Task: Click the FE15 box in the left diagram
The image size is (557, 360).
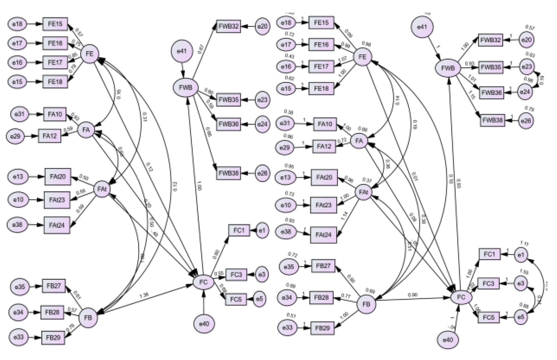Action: [55, 24]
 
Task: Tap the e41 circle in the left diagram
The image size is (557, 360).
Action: [182, 51]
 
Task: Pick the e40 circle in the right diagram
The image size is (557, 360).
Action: [448, 340]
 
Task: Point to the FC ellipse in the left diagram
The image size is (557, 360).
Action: [203, 282]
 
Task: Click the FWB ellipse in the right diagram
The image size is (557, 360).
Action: [448, 68]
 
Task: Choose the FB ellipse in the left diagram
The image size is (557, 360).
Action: [88, 318]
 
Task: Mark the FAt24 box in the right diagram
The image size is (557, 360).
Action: [323, 235]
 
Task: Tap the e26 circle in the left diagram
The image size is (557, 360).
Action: [262, 173]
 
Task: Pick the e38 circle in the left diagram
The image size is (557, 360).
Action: [18, 224]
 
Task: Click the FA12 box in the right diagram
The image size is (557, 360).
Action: [324, 146]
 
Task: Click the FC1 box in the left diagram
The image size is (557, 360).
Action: [239, 231]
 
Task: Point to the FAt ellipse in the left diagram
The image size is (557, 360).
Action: [102, 189]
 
